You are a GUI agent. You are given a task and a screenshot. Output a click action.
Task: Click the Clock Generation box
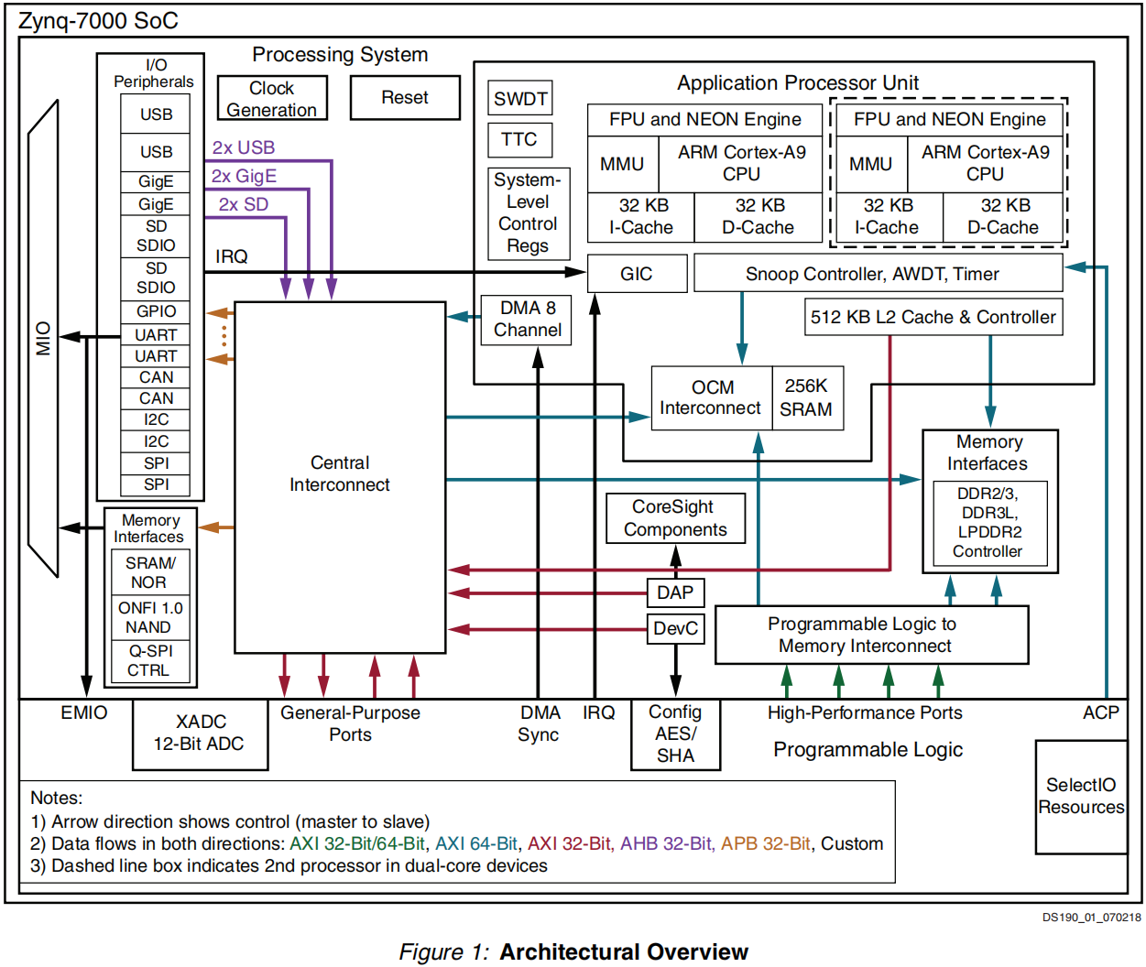[x=272, y=99]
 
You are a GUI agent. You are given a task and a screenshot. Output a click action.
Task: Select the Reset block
[x=405, y=98]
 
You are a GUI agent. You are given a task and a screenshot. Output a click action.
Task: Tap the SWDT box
[x=520, y=99]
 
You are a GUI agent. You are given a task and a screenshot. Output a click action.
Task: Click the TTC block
[x=519, y=139]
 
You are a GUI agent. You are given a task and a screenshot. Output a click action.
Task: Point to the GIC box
[x=637, y=274]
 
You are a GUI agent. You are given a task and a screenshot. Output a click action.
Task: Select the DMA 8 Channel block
[x=527, y=320]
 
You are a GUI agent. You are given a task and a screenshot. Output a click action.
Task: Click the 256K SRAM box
[x=806, y=398]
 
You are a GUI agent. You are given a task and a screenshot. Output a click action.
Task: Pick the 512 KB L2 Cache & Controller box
[x=933, y=317]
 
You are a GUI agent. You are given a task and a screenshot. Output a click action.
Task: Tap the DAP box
[x=675, y=592]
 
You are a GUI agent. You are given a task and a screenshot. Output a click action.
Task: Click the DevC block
[x=675, y=629]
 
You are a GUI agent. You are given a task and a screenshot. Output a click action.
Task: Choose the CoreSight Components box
[x=675, y=518]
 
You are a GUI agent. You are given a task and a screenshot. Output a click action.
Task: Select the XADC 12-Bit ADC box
[x=200, y=733]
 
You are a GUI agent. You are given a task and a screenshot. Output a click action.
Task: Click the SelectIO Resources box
[x=1081, y=796]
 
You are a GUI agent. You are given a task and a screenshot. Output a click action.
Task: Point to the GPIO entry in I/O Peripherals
[x=156, y=311]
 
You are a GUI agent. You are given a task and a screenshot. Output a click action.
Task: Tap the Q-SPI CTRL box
[x=149, y=660]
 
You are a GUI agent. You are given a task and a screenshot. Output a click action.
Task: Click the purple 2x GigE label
[x=244, y=176]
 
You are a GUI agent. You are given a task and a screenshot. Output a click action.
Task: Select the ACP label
[x=1100, y=712]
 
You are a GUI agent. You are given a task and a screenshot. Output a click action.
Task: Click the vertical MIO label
[x=43, y=338]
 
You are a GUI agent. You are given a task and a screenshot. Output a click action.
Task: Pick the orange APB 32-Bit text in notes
[x=765, y=843]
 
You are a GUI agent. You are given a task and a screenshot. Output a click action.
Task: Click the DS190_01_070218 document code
[x=1091, y=917]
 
